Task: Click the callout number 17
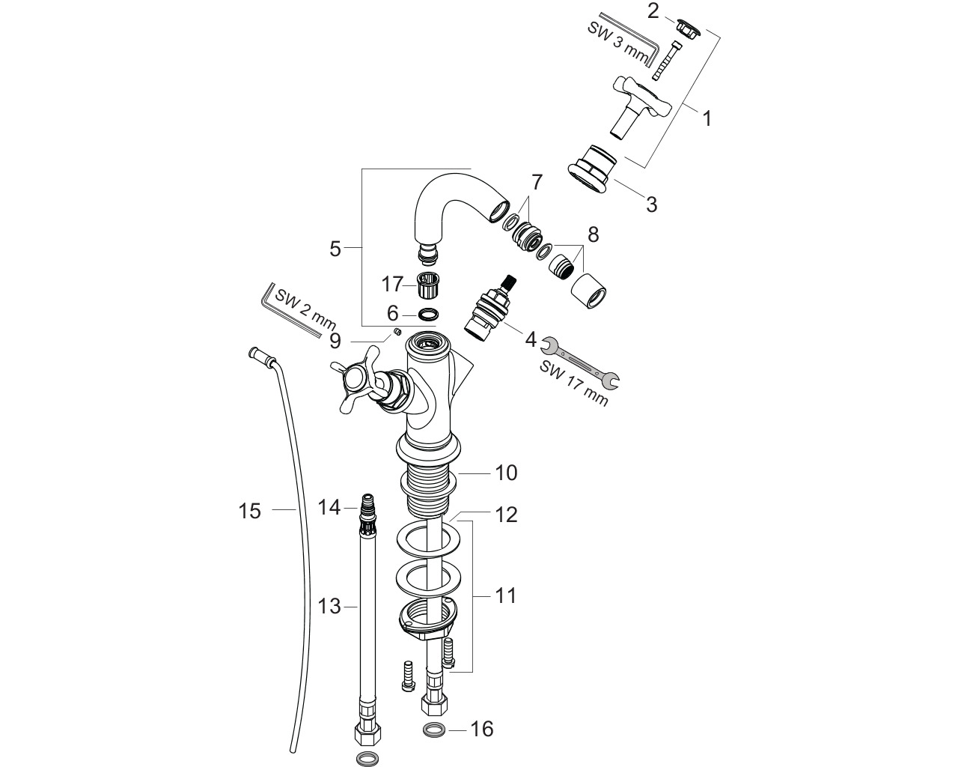(392, 284)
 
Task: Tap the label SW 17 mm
(574, 383)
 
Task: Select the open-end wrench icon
(580, 362)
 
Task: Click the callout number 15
(249, 511)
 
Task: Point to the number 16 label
(482, 729)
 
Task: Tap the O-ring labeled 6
(428, 314)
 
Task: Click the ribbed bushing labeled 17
(428, 285)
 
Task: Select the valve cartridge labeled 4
(486, 309)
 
